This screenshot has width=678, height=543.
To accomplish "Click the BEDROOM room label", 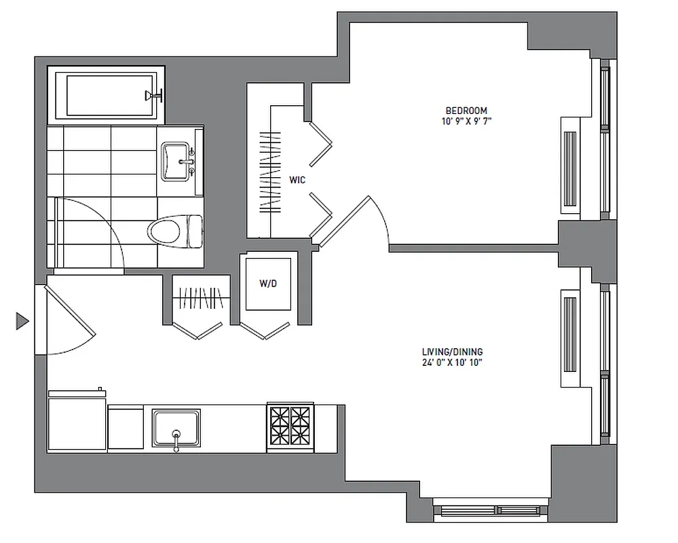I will coord(466,111).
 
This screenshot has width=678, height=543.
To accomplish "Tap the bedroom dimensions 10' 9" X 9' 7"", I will coord(466,121).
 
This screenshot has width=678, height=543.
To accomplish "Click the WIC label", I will coord(297,181).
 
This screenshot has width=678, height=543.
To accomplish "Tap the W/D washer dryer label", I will coord(268,284).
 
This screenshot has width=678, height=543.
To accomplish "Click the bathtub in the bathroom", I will coord(109,96).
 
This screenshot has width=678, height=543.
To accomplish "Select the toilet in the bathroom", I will coord(175,231).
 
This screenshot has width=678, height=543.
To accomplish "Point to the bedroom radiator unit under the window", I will coord(567,166).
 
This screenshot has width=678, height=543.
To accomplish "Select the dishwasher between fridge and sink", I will coord(126,428).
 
